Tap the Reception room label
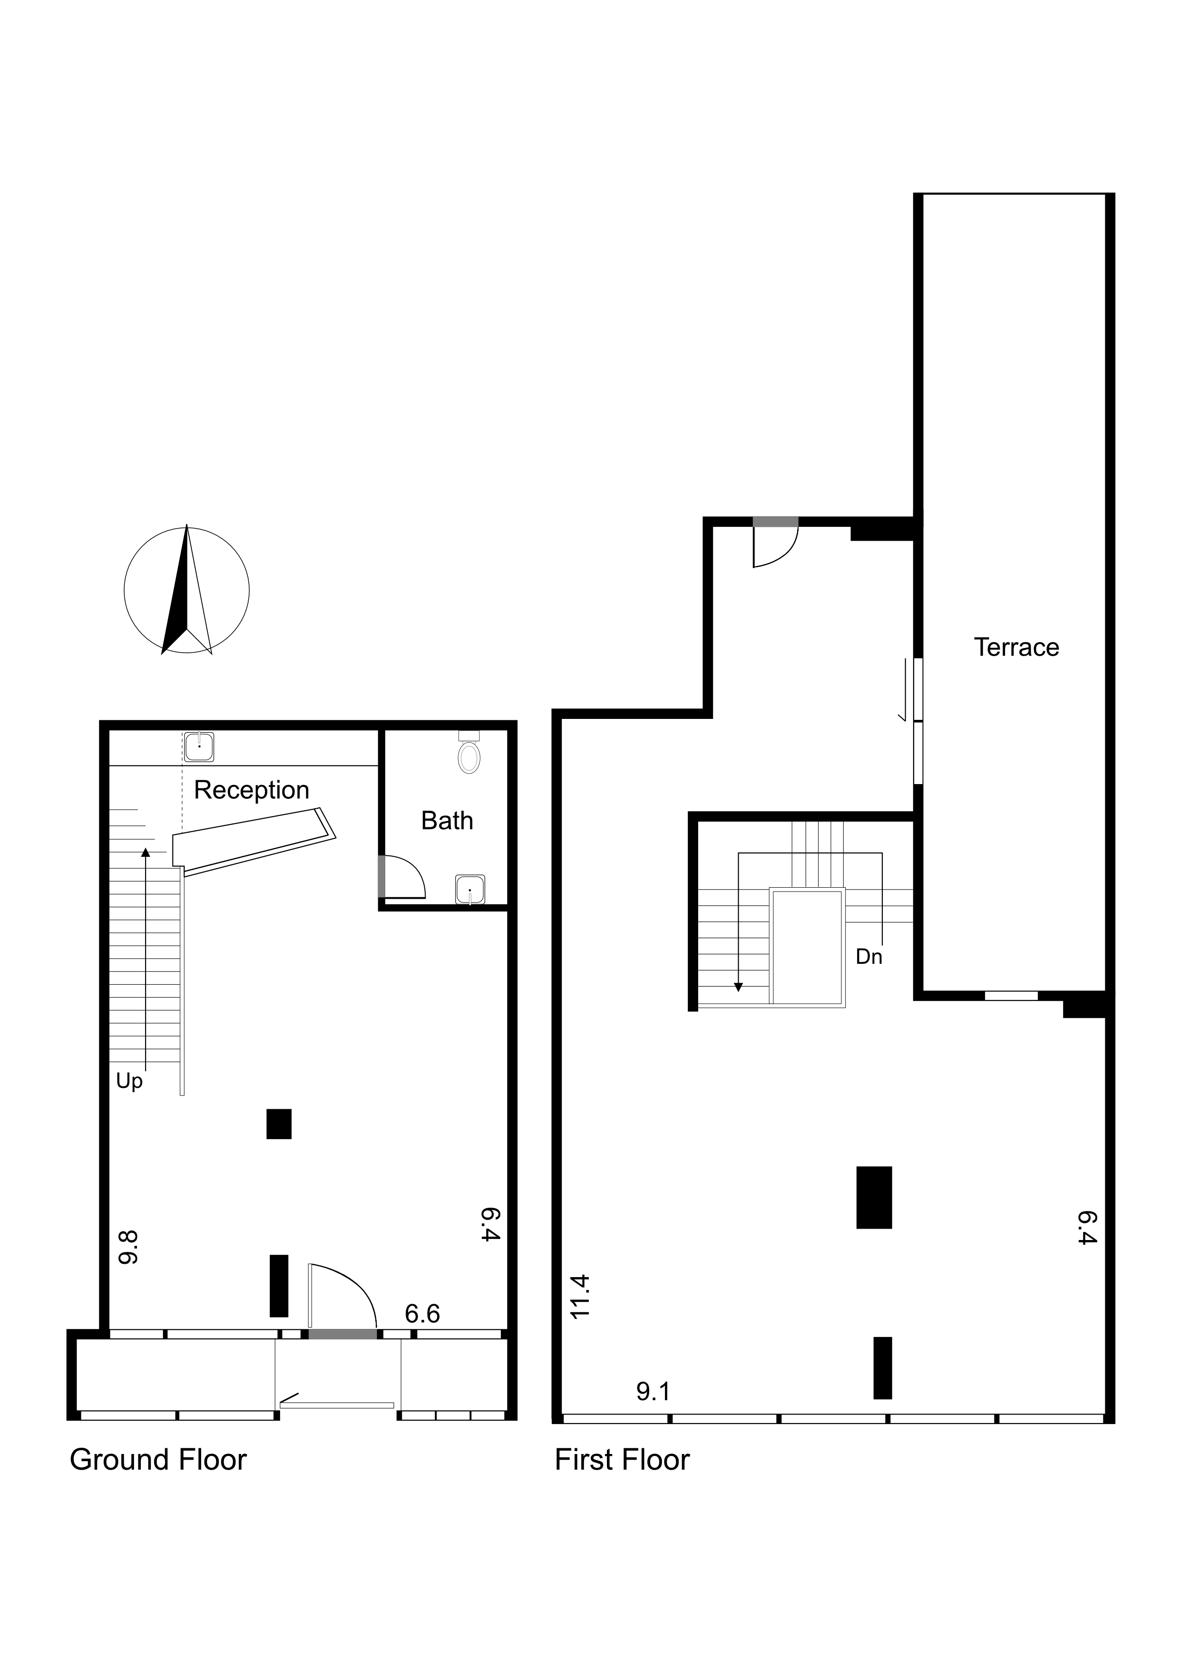tap(252, 790)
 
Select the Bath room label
tap(447, 821)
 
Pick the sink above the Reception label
tap(199, 747)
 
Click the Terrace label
tap(1016, 647)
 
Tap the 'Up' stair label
tap(129, 1082)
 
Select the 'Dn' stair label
tap(869, 957)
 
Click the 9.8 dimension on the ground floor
tap(128, 1247)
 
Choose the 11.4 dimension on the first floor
tap(581, 1297)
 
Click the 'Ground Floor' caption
tap(158, 1460)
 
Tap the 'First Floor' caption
tap(622, 1460)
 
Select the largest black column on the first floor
tap(874, 1197)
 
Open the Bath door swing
tap(402, 877)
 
